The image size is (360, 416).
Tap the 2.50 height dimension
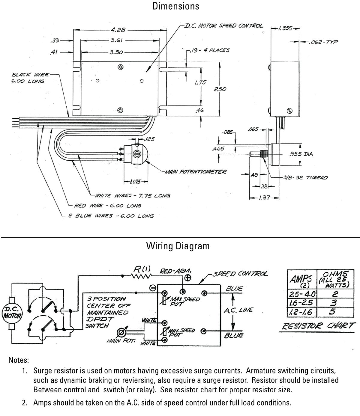(x=220, y=89)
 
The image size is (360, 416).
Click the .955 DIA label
(x=301, y=154)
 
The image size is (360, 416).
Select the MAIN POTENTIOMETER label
(x=195, y=172)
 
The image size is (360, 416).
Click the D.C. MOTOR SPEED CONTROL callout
(x=223, y=26)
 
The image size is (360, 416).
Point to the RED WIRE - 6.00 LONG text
(x=107, y=206)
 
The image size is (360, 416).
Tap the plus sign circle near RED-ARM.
(x=188, y=278)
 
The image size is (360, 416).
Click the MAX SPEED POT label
(x=184, y=301)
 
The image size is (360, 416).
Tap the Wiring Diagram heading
(x=178, y=246)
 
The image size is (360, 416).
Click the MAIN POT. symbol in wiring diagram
(x=121, y=332)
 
